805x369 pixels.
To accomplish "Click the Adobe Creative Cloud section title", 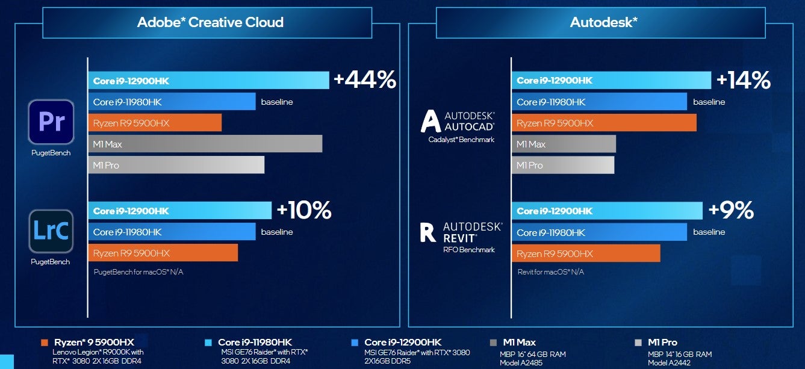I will pos(210,23).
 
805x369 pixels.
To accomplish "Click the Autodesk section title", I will pos(603,23).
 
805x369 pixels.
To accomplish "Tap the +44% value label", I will pos(365,80).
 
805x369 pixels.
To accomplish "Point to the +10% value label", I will pos(304,210).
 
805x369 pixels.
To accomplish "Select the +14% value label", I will pos(743,80).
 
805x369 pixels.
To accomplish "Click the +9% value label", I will pos(731,210).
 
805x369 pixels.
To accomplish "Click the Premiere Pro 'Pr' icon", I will pos(51,122).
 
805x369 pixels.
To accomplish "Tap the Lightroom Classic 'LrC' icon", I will pos(51,231).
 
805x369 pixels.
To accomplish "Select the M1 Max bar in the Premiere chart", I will pos(205,144).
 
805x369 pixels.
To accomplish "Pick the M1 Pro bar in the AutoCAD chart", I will pos(562,165).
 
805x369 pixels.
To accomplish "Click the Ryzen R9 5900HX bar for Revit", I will pos(585,253).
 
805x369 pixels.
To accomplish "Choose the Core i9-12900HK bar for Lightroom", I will pos(179,211).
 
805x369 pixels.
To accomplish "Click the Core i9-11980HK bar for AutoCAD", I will pos(598,102).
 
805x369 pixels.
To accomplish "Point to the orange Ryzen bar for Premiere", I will pos(155,123).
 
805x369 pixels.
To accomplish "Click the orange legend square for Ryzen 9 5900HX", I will pos(44,343).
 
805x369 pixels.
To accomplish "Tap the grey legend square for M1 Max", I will pos(493,343).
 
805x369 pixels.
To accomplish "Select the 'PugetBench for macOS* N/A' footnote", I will pos(138,272).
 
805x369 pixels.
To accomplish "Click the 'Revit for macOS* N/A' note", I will pos(550,272).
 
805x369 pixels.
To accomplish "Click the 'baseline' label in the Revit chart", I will pos(709,232).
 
